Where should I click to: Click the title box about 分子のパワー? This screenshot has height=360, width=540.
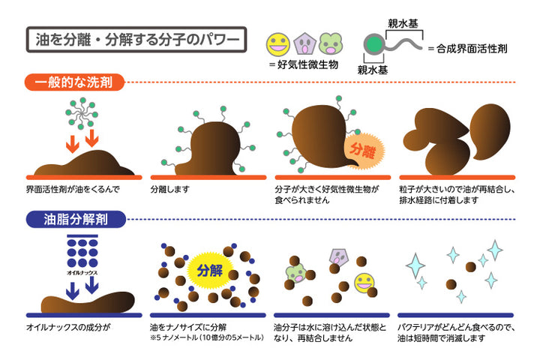click(136, 40)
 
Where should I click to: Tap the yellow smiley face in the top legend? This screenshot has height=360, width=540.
click(278, 44)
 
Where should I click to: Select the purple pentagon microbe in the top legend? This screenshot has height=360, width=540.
click(304, 43)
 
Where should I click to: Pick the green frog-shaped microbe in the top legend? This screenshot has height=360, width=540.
click(330, 43)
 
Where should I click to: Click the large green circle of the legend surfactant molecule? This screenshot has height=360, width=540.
click(374, 44)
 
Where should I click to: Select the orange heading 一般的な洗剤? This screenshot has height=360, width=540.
click(74, 82)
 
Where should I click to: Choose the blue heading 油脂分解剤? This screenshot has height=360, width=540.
click(76, 219)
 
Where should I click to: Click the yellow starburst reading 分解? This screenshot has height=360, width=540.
click(209, 271)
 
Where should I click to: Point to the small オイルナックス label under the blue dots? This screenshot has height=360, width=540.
click(82, 273)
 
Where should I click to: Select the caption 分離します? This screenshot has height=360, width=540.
click(170, 189)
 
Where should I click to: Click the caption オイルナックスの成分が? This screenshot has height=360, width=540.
click(68, 327)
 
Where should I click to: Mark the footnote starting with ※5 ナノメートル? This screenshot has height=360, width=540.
click(207, 337)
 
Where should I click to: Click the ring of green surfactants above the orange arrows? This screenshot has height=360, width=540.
click(82, 113)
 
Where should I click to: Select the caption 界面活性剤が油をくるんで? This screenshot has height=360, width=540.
click(73, 189)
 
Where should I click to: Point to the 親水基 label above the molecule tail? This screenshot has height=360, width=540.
click(403, 23)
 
